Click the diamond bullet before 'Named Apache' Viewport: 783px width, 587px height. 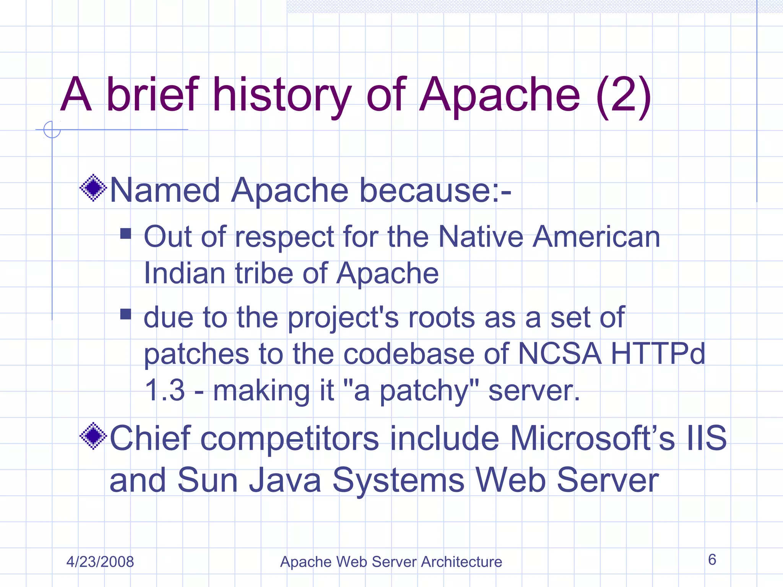tap(93, 188)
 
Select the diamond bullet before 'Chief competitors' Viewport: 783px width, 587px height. tap(93, 436)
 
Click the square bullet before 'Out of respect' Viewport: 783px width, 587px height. tap(125, 234)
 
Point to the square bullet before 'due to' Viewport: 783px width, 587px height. tap(125, 314)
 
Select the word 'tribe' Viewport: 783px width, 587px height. tap(264, 274)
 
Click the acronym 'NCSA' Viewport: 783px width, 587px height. tap(559, 354)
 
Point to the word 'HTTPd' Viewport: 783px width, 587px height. tap(658, 354)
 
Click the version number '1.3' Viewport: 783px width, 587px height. tap(165, 391)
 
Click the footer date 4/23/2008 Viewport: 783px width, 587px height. tap(100, 562)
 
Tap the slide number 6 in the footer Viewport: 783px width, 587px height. tap(712, 560)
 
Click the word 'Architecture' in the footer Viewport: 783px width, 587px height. tap(461, 562)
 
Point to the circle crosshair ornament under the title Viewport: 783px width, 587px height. tap(52, 130)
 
